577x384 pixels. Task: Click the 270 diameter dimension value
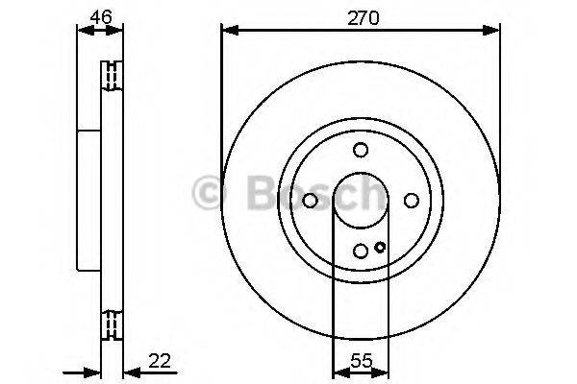tap(360, 16)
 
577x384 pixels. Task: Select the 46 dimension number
tap(100, 16)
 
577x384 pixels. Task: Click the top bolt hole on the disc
tap(361, 150)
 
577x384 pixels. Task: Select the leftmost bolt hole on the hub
tap(311, 200)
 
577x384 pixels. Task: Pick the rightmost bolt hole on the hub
tap(411, 200)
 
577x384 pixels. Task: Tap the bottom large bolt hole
tap(361, 251)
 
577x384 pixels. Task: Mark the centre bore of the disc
tap(361, 200)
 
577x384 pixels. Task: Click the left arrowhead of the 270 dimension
tap(228, 31)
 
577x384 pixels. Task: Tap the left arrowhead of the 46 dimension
tap(81, 31)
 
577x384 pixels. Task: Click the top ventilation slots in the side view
tap(111, 74)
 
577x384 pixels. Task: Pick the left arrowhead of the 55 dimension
tap(339, 373)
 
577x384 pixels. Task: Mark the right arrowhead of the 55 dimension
tap(383, 373)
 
